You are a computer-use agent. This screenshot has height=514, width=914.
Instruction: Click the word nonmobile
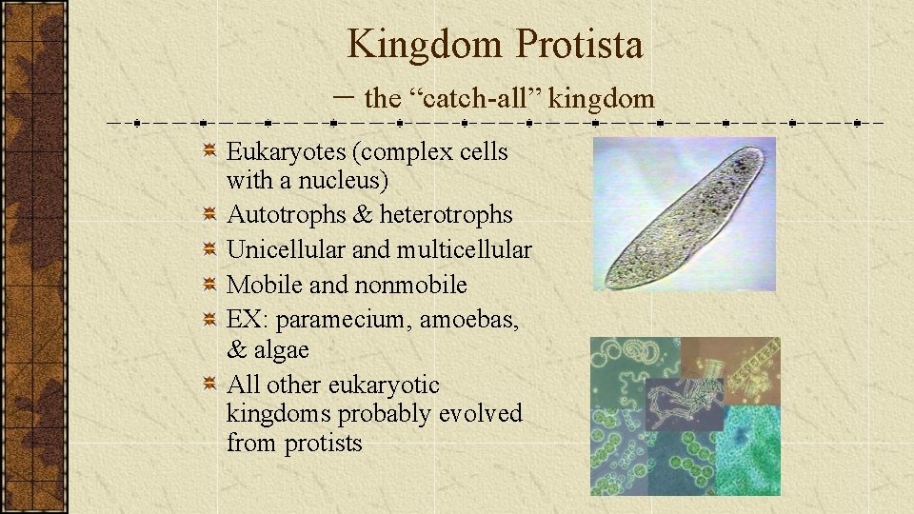(410, 285)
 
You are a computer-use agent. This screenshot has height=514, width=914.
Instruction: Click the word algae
(282, 350)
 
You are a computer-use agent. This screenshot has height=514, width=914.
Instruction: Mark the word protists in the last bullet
(324, 444)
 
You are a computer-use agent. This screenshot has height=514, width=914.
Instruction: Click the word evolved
(481, 414)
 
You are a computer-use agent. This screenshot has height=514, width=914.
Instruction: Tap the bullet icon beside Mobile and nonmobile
(209, 285)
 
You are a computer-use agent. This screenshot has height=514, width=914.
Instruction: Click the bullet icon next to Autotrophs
(209, 215)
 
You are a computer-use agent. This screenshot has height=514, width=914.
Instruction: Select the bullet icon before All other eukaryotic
(209, 385)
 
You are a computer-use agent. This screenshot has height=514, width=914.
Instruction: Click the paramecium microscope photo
(684, 214)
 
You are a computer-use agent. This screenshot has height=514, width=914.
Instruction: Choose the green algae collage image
(685, 416)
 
